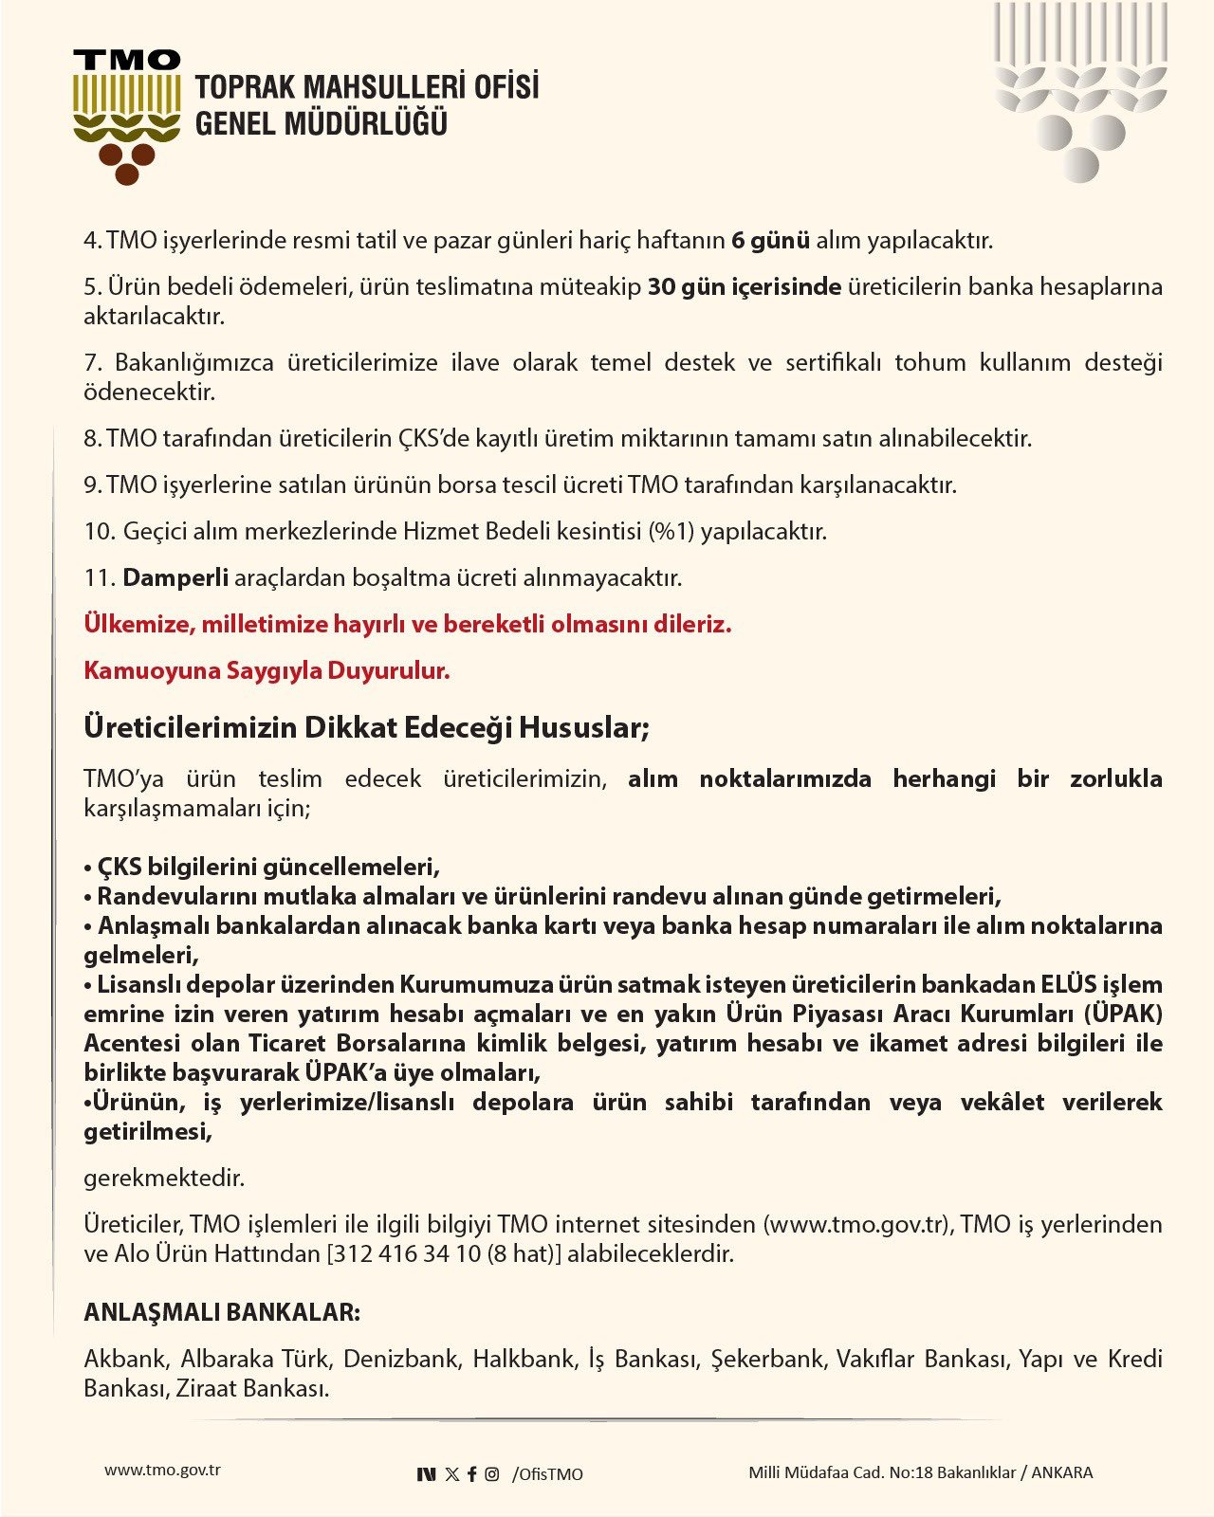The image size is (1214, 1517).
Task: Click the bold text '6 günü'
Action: click(770, 240)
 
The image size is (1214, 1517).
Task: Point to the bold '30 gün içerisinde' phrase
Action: click(744, 286)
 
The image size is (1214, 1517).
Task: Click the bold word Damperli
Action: click(175, 577)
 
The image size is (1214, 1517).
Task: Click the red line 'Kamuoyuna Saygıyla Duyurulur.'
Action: click(267, 670)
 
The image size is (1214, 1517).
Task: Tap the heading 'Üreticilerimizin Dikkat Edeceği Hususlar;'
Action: click(366, 727)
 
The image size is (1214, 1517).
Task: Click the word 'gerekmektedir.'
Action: click(164, 1179)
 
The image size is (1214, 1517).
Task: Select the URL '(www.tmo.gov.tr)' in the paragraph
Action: click(857, 1224)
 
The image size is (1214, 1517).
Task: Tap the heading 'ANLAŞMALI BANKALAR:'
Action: click(222, 1312)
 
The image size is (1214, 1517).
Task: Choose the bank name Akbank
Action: click(124, 1359)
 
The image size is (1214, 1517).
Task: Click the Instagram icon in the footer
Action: click(491, 1473)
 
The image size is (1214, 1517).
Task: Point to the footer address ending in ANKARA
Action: click(920, 1472)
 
